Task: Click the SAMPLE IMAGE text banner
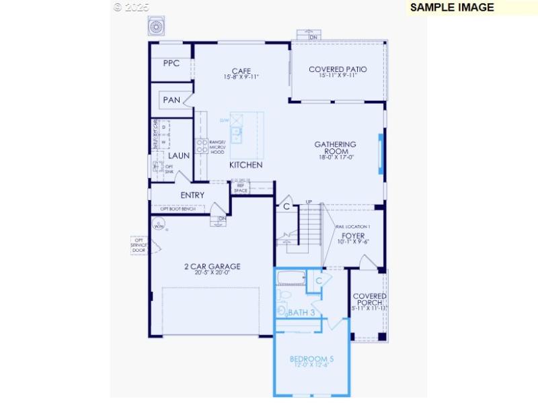tap(452, 7)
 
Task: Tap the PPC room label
tap(171, 64)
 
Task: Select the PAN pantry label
tap(171, 100)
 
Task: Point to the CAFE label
tap(241, 71)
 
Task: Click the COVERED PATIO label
tap(338, 70)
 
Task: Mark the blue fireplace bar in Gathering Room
tap(381, 154)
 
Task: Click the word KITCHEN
tap(245, 165)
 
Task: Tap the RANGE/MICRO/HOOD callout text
tap(217, 148)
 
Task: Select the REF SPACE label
tap(241, 188)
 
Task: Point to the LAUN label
tap(179, 156)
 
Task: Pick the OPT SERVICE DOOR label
tap(139, 244)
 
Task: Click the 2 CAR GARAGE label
tap(212, 267)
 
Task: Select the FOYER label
tap(353, 236)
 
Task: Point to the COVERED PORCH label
tap(370, 300)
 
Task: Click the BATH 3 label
tap(301, 313)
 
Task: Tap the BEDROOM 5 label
tap(311, 359)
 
